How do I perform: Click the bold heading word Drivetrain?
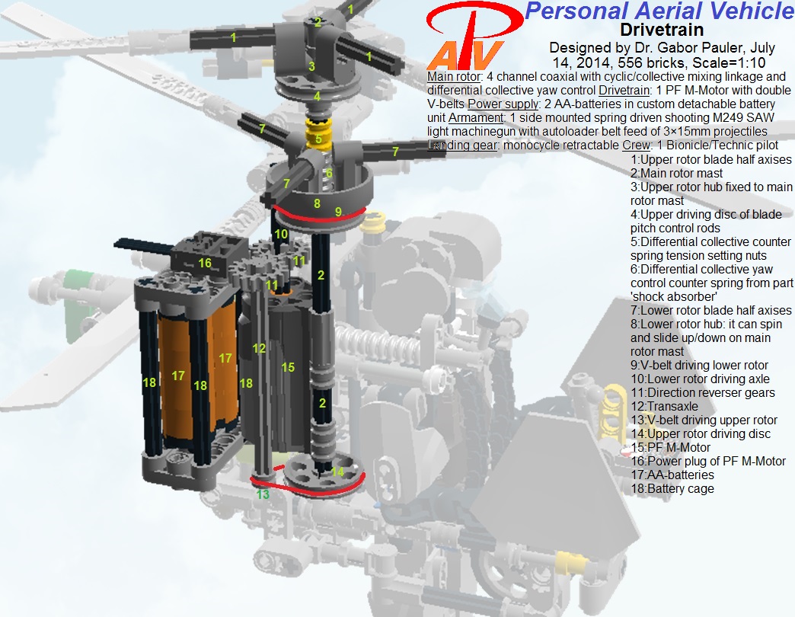pos(662,30)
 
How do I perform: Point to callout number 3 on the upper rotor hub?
pos(311,67)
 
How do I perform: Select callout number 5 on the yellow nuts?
pos(318,139)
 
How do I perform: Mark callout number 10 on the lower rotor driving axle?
pos(280,235)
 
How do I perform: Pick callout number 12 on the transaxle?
pos(259,348)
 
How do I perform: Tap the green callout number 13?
pos(263,494)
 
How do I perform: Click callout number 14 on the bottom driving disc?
pos(337,472)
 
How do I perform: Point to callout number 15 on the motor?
pos(287,368)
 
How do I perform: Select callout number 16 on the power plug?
pos(205,263)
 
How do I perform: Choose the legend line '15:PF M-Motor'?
pos(671,448)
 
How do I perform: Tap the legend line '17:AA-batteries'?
pos(672,475)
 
